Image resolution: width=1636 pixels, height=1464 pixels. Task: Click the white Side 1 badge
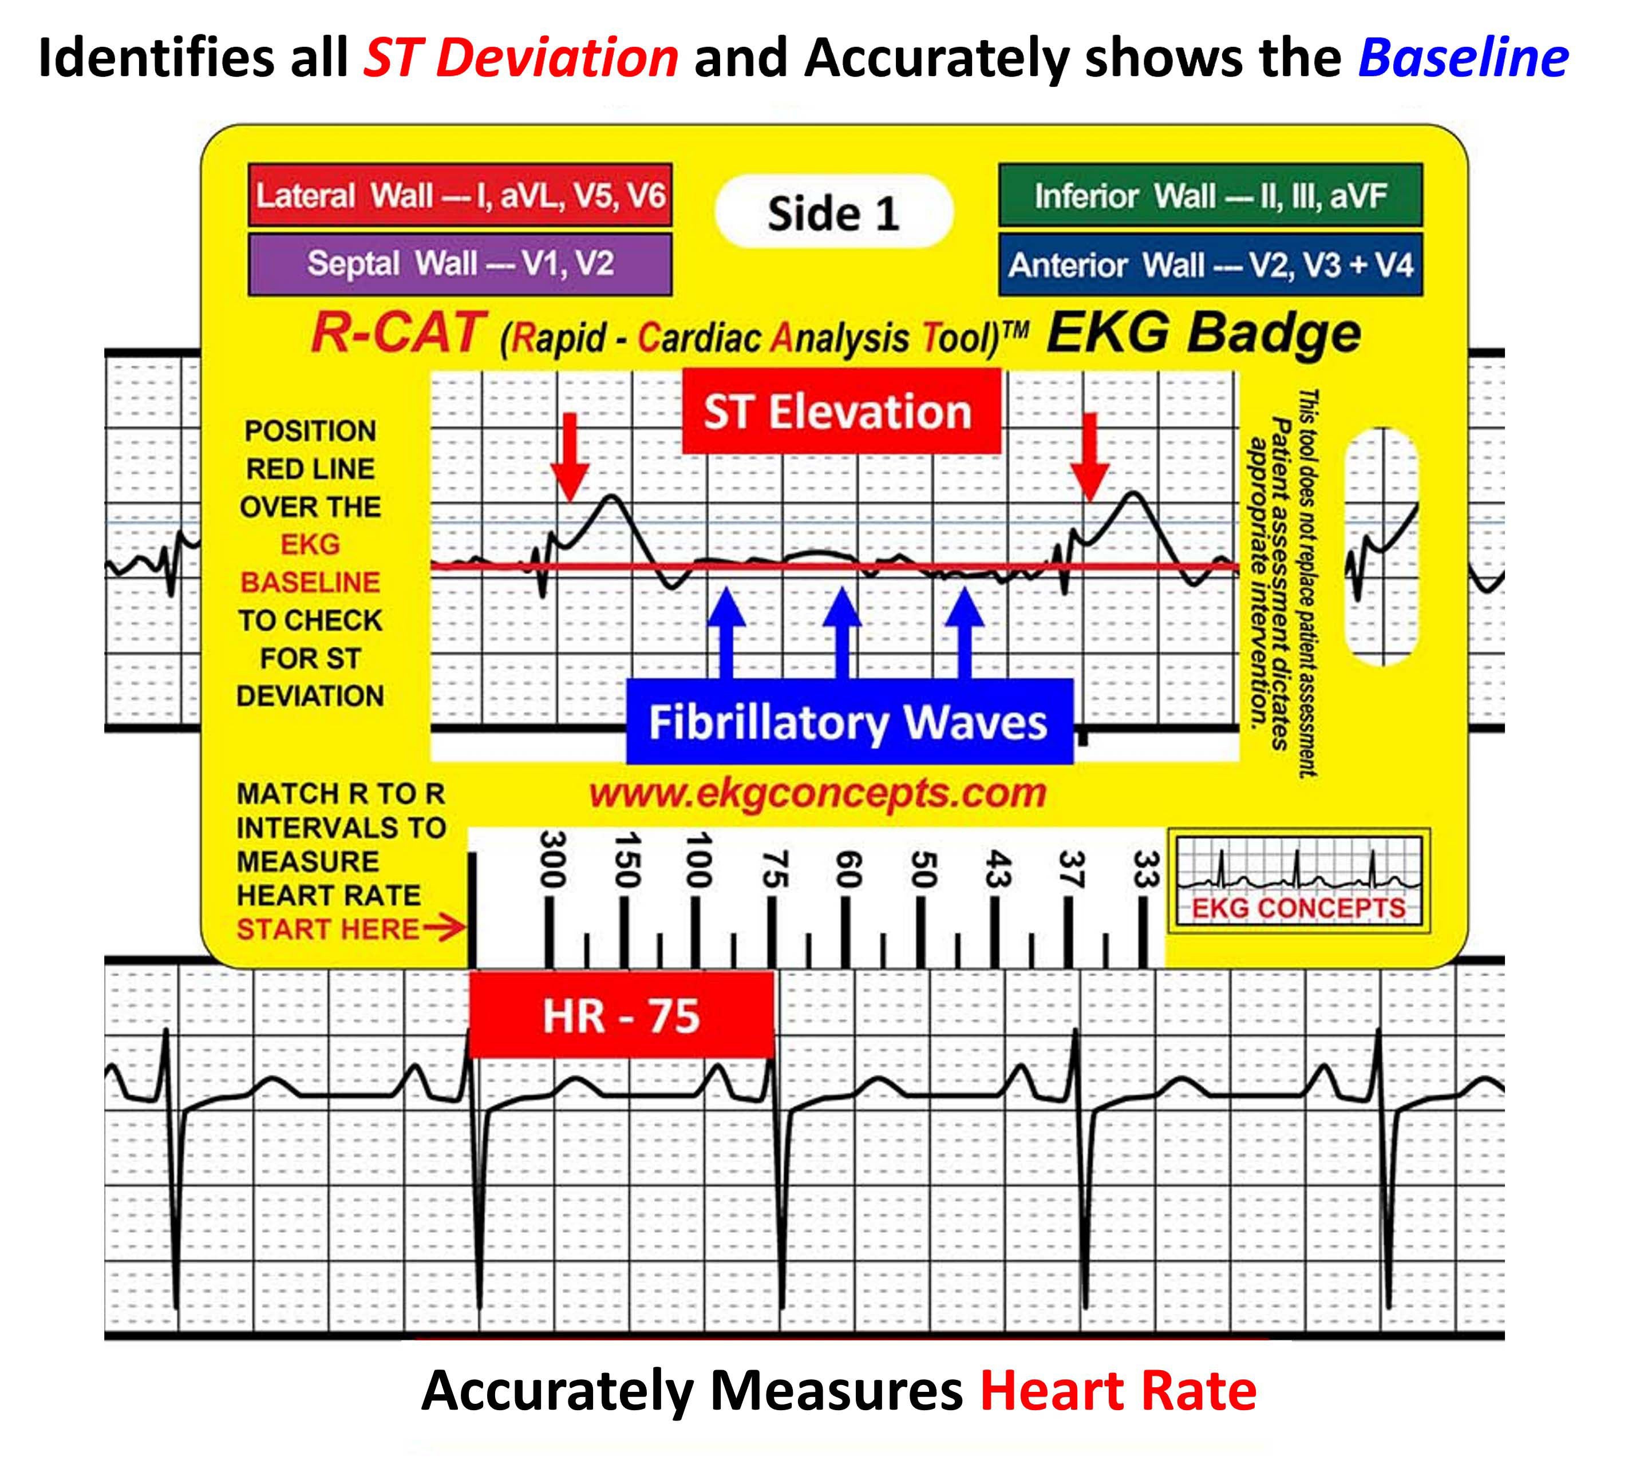tap(833, 212)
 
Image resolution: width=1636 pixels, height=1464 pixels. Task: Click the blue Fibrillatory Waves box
tap(848, 722)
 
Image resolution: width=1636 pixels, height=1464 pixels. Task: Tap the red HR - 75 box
tap(621, 1015)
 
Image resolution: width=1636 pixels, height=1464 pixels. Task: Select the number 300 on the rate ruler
tap(552, 859)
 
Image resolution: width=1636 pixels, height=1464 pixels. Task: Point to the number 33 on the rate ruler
tap(1144, 869)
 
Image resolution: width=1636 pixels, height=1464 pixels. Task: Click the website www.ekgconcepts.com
tap(817, 794)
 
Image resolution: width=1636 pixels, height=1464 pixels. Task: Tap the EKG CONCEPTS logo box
tap(1298, 881)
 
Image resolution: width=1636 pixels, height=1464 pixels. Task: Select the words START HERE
tap(327, 929)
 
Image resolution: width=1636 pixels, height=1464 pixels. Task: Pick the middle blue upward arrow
tap(842, 633)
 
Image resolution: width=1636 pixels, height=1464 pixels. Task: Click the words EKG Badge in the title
tap(1203, 333)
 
